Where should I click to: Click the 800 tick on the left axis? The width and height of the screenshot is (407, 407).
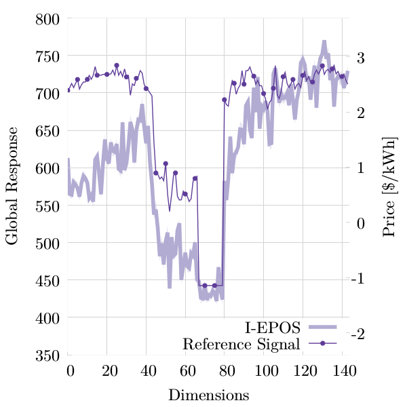pos(48,19)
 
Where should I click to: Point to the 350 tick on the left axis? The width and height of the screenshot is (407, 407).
pos(48,355)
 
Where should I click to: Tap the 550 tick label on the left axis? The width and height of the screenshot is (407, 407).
pos(48,206)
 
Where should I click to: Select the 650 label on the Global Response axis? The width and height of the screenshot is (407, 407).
pos(48,131)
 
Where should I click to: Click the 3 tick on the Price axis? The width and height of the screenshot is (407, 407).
pos(360,57)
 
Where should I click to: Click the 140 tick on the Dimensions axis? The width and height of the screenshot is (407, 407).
pos(342,370)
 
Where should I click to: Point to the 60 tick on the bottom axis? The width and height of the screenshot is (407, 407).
pos(185,370)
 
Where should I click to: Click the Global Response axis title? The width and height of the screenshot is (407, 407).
pos(12,187)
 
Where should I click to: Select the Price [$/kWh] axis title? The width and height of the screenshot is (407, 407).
pos(389,187)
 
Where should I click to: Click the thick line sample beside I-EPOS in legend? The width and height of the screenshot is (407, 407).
pos(323,328)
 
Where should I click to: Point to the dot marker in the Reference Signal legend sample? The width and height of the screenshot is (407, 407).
pos(323,344)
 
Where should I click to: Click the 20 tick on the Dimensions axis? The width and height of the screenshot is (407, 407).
pos(107,370)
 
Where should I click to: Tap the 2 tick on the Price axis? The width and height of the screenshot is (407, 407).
pos(360,113)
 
